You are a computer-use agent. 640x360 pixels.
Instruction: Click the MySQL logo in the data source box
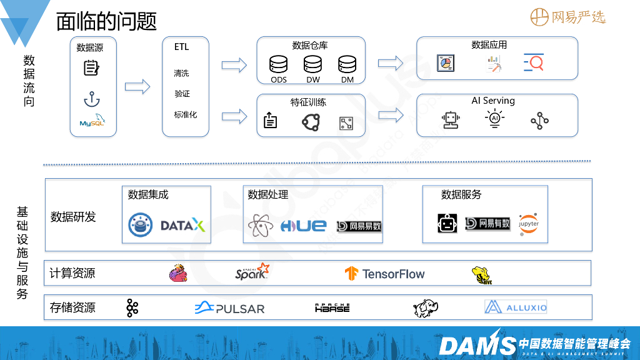tap(92, 122)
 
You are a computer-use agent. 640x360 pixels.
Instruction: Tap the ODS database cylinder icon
tap(278, 64)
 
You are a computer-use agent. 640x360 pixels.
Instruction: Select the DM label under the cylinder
tap(347, 80)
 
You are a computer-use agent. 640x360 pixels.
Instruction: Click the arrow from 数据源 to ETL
tap(137, 87)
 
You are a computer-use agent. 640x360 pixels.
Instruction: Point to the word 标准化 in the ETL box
tap(185, 114)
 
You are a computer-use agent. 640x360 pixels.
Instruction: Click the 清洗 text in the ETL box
tap(181, 73)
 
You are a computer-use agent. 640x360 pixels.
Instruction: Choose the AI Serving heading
tap(493, 101)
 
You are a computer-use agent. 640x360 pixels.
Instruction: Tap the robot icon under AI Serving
tap(451, 120)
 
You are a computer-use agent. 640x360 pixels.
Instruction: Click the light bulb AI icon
tap(495, 119)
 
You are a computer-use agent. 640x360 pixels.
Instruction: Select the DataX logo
tap(182, 225)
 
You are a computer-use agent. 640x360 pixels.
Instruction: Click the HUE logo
tap(303, 226)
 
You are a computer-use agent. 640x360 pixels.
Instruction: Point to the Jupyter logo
tap(529, 224)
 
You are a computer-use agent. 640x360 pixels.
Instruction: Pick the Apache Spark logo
tap(252, 272)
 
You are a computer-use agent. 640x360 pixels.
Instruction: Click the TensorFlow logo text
tap(392, 274)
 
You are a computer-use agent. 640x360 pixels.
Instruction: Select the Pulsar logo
tap(229, 307)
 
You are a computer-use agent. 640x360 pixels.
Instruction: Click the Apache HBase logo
tap(332, 307)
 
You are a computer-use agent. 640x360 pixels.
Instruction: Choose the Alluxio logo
tap(516, 307)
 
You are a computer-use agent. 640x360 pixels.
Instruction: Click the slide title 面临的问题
tap(106, 21)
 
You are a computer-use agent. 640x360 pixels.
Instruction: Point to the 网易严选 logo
tap(568, 17)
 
